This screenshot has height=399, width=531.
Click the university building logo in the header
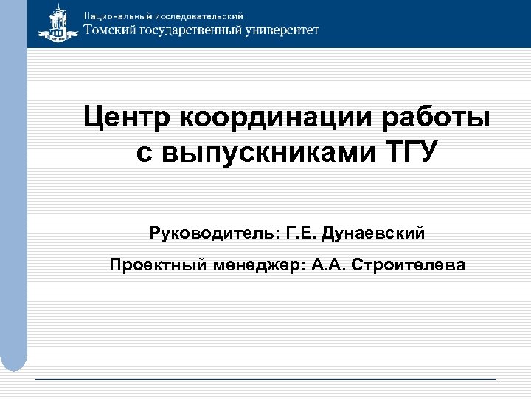point(56,24)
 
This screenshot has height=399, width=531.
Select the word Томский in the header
point(111,30)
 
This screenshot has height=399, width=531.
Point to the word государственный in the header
point(194,31)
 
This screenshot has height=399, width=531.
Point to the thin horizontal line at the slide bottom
point(265,379)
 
